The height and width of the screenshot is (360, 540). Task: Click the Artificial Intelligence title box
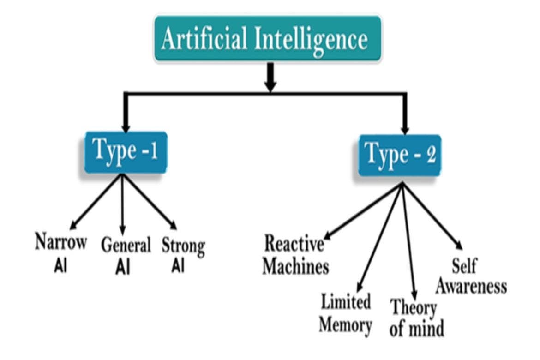tap(268, 39)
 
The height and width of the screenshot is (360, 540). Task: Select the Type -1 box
tap(125, 152)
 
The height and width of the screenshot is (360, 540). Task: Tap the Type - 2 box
tap(400, 155)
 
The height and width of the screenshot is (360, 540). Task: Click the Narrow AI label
tap(60, 253)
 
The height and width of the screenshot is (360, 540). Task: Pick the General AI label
tap(126, 255)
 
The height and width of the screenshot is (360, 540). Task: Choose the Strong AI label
tap(183, 255)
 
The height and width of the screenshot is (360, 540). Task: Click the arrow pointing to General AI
tap(123, 203)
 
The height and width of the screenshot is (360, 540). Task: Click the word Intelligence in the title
tap(310, 39)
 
